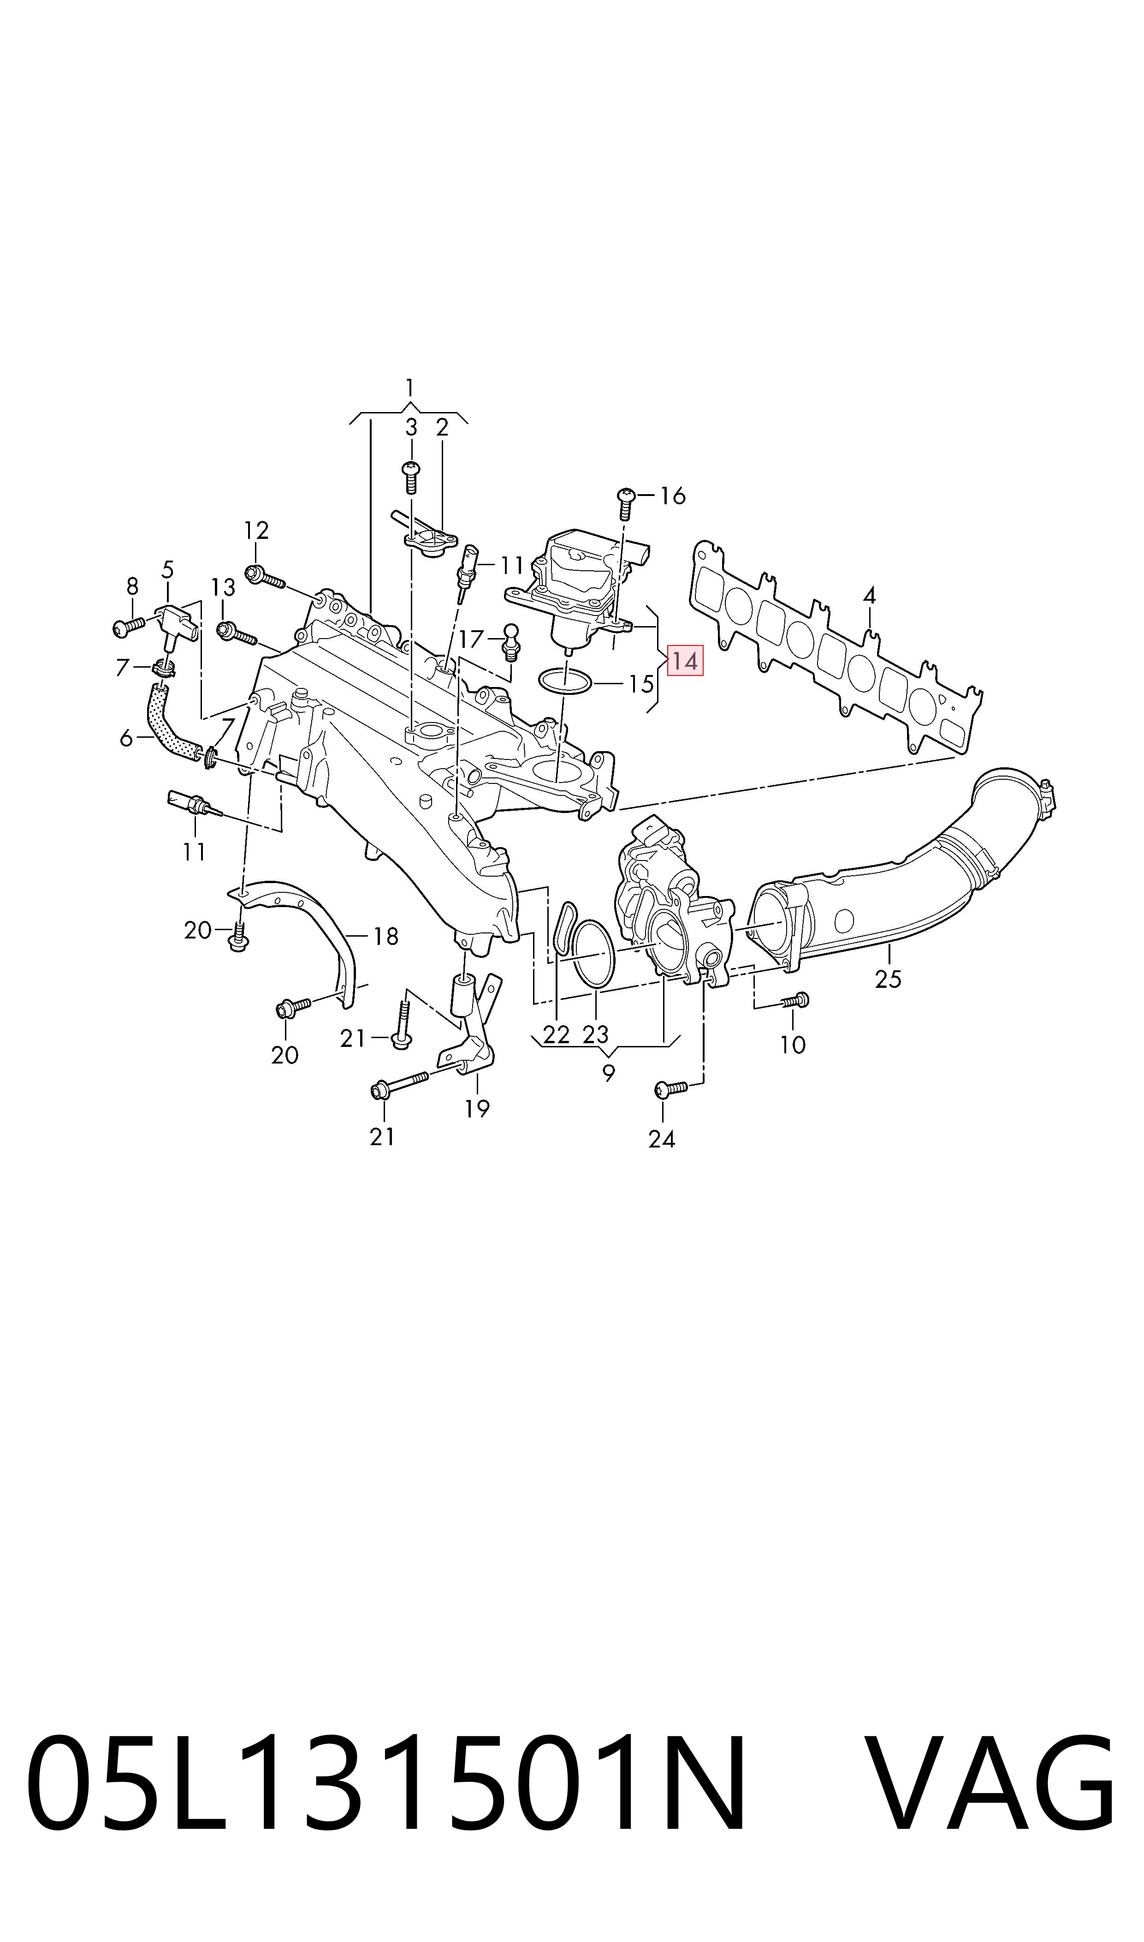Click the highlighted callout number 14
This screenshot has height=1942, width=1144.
[685, 661]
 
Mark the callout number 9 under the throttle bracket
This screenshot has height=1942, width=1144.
[609, 1072]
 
